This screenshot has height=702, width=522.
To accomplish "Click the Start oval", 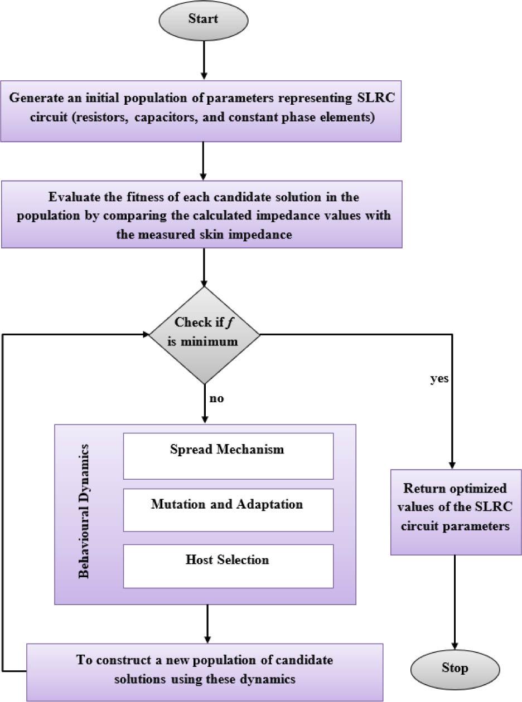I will [x=204, y=20].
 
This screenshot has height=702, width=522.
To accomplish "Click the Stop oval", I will [x=455, y=668].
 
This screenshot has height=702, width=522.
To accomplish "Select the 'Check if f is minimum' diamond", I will [x=204, y=335].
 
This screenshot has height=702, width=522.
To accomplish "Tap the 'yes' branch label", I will [x=439, y=379].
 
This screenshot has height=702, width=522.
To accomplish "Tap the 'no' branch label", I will [x=216, y=399].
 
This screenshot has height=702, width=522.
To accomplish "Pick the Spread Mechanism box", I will [x=228, y=456].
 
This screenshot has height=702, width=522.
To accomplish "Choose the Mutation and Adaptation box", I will [x=228, y=510].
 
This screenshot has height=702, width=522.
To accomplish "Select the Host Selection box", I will [x=228, y=565].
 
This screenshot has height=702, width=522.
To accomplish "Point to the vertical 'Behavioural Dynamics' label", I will [x=84, y=511].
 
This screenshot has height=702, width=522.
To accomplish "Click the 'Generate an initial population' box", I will [x=201, y=110].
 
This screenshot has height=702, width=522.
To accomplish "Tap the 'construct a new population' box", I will [x=205, y=671].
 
